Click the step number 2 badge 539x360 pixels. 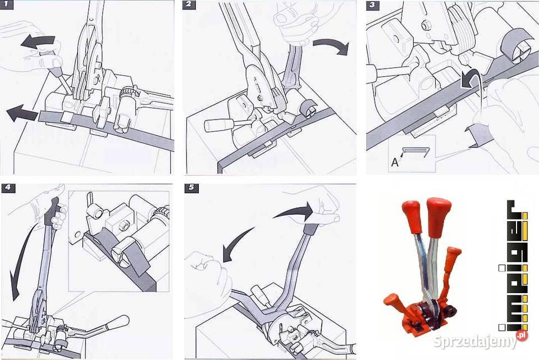(x=189, y=5)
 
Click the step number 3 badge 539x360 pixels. (x=373, y=5)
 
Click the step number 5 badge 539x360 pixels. (x=191, y=188)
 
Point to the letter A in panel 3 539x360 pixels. (x=395, y=162)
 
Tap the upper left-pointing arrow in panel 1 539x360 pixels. (x=37, y=42)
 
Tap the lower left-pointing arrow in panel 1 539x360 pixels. (x=22, y=113)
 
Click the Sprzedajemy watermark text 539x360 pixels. (x=474, y=341)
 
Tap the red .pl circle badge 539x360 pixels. (x=522, y=335)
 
